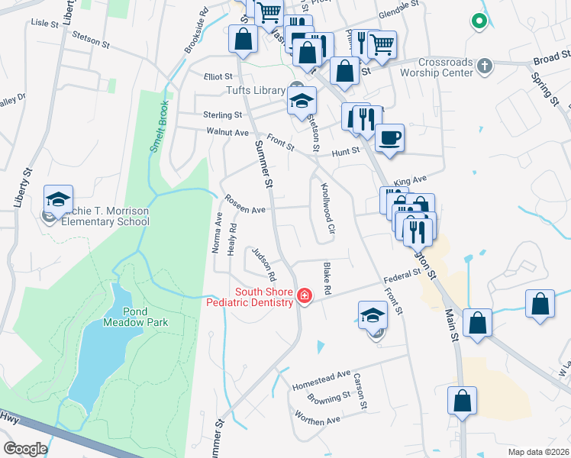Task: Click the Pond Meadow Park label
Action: (134, 317)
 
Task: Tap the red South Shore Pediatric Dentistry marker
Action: (304, 295)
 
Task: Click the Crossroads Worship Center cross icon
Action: (482, 66)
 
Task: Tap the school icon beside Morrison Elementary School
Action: (58, 199)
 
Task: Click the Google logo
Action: (25, 449)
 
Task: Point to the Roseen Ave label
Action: (244, 204)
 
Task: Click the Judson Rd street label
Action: (263, 264)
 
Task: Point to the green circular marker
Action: (479, 21)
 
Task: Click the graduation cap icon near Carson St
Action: (373, 314)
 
